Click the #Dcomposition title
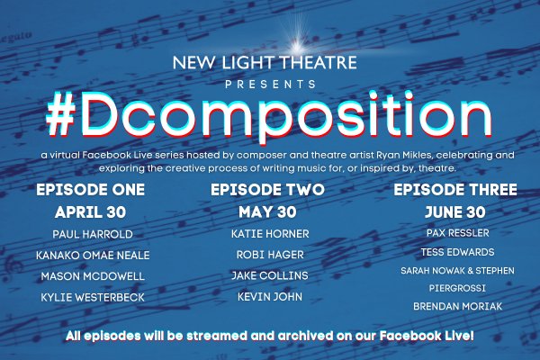pos(269,114)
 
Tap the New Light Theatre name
pos(265,62)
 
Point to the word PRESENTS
pos(271,85)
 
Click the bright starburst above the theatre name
pos(295,45)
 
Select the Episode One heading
pos(90,190)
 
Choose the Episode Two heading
pos(267,190)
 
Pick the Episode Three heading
pos(455,190)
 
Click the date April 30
pos(90,212)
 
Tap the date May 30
pos(267,212)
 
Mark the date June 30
pos(455,212)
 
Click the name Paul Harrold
pos(93,234)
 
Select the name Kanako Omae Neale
pos(93,256)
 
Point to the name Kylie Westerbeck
pos(93,297)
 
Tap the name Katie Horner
pos(270,234)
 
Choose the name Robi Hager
pos(270,255)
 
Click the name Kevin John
pos(270,297)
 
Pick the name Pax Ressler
pos(458,233)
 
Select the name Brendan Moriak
pos(458,306)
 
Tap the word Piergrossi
pos(457,288)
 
